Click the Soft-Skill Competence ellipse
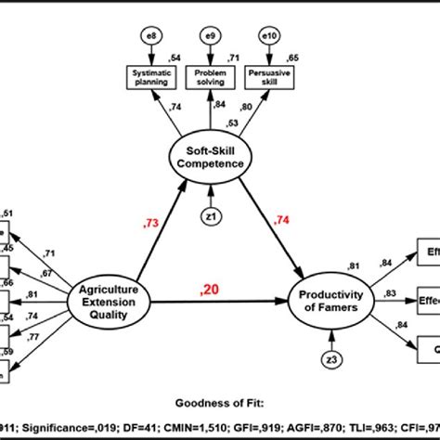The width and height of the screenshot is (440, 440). [213, 158]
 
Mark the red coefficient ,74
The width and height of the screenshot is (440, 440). [282, 221]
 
